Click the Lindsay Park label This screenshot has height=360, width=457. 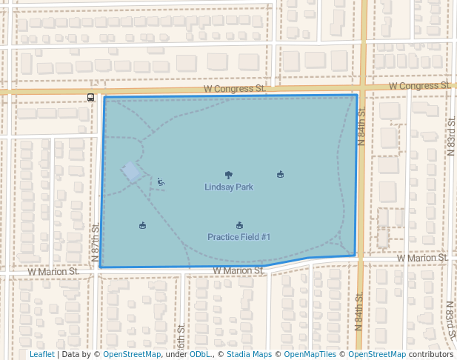(229, 187)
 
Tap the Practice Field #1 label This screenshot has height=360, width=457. (239, 237)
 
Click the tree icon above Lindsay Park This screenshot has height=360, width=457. (229, 176)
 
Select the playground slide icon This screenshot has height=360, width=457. (161, 181)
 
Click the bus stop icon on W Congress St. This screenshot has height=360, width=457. (90, 97)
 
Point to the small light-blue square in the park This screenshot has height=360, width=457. (131, 172)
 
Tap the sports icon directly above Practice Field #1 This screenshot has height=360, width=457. (239, 225)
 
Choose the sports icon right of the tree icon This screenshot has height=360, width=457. (280, 175)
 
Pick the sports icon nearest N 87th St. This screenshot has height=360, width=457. (142, 225)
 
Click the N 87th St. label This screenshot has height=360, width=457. (95, 241)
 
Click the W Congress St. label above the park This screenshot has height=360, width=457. (235, 88)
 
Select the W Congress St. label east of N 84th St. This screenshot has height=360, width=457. (420, 85)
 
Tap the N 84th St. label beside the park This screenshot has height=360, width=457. (361, 127)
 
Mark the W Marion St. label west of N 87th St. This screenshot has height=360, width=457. (53, 272)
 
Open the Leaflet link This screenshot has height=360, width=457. (42, 354)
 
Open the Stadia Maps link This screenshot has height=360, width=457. (250, 354)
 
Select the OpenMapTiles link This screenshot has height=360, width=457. (310, 354)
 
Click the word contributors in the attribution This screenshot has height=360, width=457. (431, 354)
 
